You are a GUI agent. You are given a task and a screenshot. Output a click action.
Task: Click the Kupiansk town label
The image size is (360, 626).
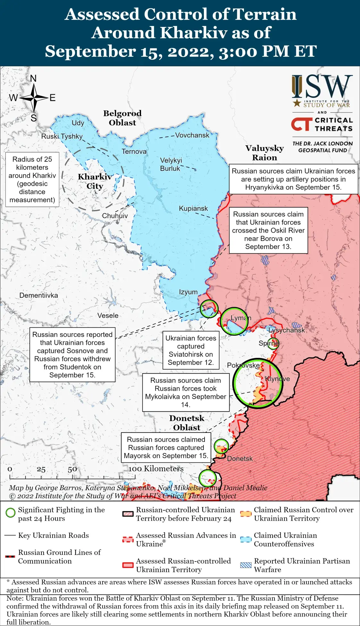click(x=193, y=209)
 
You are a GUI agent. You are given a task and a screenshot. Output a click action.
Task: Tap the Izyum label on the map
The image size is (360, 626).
click(x=188, y=292)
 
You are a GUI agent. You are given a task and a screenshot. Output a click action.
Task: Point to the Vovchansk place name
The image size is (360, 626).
click(x=192, y=135)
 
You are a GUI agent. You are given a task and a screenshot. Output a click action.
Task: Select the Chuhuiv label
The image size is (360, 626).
click(x=115, y=216)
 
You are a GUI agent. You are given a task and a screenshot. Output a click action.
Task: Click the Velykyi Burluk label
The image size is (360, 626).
click(x=171, y=164)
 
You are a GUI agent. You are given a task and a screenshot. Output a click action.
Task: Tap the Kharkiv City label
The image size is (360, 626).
click(x=95, y=181)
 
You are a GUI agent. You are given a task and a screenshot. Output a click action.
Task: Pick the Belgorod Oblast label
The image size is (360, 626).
click(x=122, y=118)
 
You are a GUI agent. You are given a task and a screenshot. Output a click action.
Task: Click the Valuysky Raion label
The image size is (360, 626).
click(x=264, y=153)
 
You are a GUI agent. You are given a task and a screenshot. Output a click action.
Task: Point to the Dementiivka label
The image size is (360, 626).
click(x=38, y=295)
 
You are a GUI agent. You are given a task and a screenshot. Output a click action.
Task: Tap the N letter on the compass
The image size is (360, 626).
click(x=33, y=78)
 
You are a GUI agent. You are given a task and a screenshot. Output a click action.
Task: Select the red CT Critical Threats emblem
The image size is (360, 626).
click(x=301, y=124)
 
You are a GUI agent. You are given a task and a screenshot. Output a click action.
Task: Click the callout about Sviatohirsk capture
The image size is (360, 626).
click(x=191, y=350)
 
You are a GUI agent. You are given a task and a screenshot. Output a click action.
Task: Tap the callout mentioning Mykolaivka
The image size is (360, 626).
click(x=186, y=392)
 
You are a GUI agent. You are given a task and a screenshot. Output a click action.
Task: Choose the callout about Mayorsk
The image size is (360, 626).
click(x=166, y=448)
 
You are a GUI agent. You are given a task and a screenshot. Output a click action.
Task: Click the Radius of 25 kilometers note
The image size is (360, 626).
click(x=32, y=179)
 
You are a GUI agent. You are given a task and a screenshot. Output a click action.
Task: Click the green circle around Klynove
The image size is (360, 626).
click(x=257, y=383)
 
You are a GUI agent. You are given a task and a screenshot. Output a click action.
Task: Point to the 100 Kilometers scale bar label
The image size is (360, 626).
click(x=156, y=469)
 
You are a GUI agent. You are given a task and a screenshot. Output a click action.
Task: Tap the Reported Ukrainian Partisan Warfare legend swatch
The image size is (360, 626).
click(x=246, y=565)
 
